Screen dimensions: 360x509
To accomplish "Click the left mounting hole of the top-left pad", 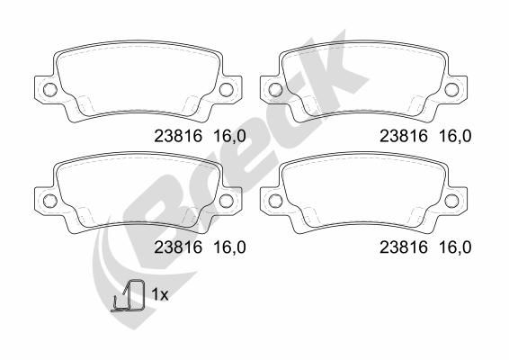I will point(49,89).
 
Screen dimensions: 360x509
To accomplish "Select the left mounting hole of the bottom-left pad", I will point(49,200).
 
